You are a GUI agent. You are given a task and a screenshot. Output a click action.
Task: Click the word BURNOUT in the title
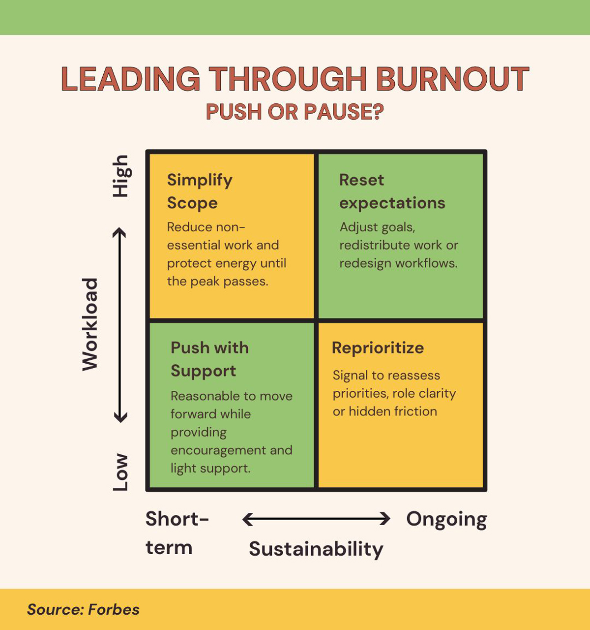pyautogui.click(x=452, y=79)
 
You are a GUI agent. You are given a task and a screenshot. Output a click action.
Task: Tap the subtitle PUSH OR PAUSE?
pyautogui.click(x=295, y=112)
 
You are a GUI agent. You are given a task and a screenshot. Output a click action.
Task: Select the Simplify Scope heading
pyautogui.click(x=199, y=191)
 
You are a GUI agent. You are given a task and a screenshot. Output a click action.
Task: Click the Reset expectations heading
pyautogui.click(x=392, y=191)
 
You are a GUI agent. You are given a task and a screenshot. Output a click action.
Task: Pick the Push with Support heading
pyautogui.click(x=209, y=359)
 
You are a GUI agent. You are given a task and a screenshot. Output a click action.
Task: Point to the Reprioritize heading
pyautogui.click(x=378, y=348)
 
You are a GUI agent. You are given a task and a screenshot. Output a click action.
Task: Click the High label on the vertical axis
pyautogui.click(x=120, y=176)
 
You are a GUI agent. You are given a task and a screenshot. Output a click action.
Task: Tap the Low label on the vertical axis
pyautogui.click(x=120, y=472)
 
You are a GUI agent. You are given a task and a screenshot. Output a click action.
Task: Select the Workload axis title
pyautogui.click(x=90, y=324)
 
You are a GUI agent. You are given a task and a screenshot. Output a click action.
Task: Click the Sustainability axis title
pyautogui.click(x=316, y=549)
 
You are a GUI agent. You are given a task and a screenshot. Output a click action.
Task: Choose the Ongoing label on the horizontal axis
pyautogui.click(x=446, y=520)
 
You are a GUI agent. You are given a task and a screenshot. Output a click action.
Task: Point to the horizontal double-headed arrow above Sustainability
pyautogui.click(x=316, y=519)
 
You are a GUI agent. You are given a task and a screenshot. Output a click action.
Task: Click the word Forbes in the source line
pyautogui.click(x=114, y=609)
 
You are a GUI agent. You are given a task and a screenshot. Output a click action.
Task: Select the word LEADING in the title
pyautogui.click(x=130, y=79)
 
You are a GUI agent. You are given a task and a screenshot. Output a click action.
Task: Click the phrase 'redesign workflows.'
pyautogui.click(x=398, y=263)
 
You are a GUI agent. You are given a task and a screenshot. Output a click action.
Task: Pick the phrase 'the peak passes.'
pyautogui.click(x=217, y=282)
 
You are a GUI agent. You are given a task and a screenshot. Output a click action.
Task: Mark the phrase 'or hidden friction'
pyautogui.click(x=384, y=411)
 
